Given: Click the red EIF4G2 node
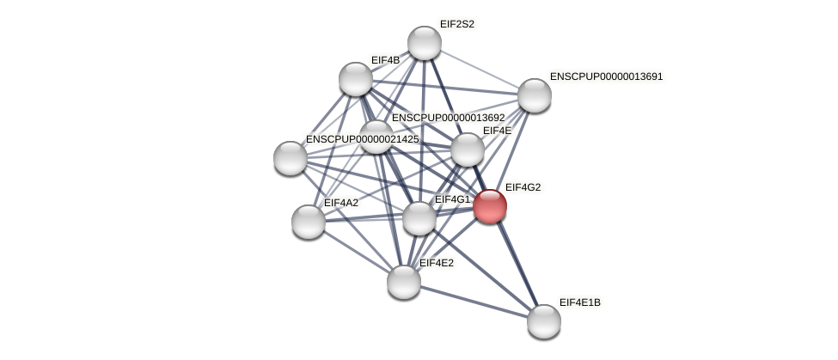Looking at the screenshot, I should pos(489,206).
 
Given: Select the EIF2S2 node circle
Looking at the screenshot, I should pos(424,43).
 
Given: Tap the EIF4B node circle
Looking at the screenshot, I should pos(355,79).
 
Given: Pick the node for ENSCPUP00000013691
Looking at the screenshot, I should pos(534,95).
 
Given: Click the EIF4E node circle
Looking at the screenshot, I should pos(467,149).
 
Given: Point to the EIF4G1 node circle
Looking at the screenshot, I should pos(419,218).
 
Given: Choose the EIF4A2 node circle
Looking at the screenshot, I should pos(308,222).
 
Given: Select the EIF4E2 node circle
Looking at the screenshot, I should pos(403,282).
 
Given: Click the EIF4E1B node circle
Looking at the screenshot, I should pos(543,321).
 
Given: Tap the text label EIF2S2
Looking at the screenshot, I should pos(456,24).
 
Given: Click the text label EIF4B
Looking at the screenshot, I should pos(385,60).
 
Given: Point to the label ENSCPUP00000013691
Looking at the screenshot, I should pos(606,76).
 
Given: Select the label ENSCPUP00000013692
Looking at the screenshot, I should pos(448,118).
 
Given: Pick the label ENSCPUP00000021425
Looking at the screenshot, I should pos(362,139).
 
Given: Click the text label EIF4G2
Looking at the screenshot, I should pos(523,187).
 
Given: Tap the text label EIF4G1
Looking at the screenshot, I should pos(452,200).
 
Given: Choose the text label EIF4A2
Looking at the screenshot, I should pos(340,203).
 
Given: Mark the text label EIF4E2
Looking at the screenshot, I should pos(436,263).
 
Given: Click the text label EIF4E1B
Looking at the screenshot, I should pos(579,302).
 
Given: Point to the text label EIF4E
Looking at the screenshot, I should pos(497,131).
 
